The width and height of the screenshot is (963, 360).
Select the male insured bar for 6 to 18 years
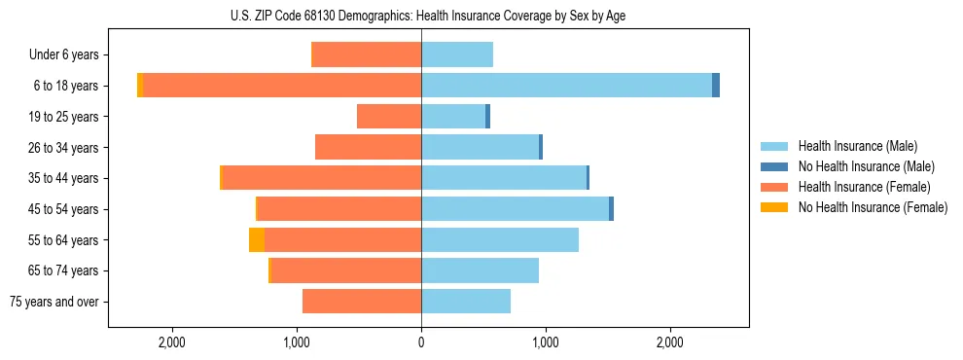566,86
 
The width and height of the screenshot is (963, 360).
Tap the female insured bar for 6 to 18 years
282,86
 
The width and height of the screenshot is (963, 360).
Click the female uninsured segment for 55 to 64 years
257,239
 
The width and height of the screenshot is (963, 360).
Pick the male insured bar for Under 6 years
457,54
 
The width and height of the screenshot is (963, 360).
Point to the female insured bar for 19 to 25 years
389,117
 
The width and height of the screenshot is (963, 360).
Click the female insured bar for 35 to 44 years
322,178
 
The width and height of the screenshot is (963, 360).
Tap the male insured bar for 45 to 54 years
515,209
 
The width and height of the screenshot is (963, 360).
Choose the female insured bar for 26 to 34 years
369,147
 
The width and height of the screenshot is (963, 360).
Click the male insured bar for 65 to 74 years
480,270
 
